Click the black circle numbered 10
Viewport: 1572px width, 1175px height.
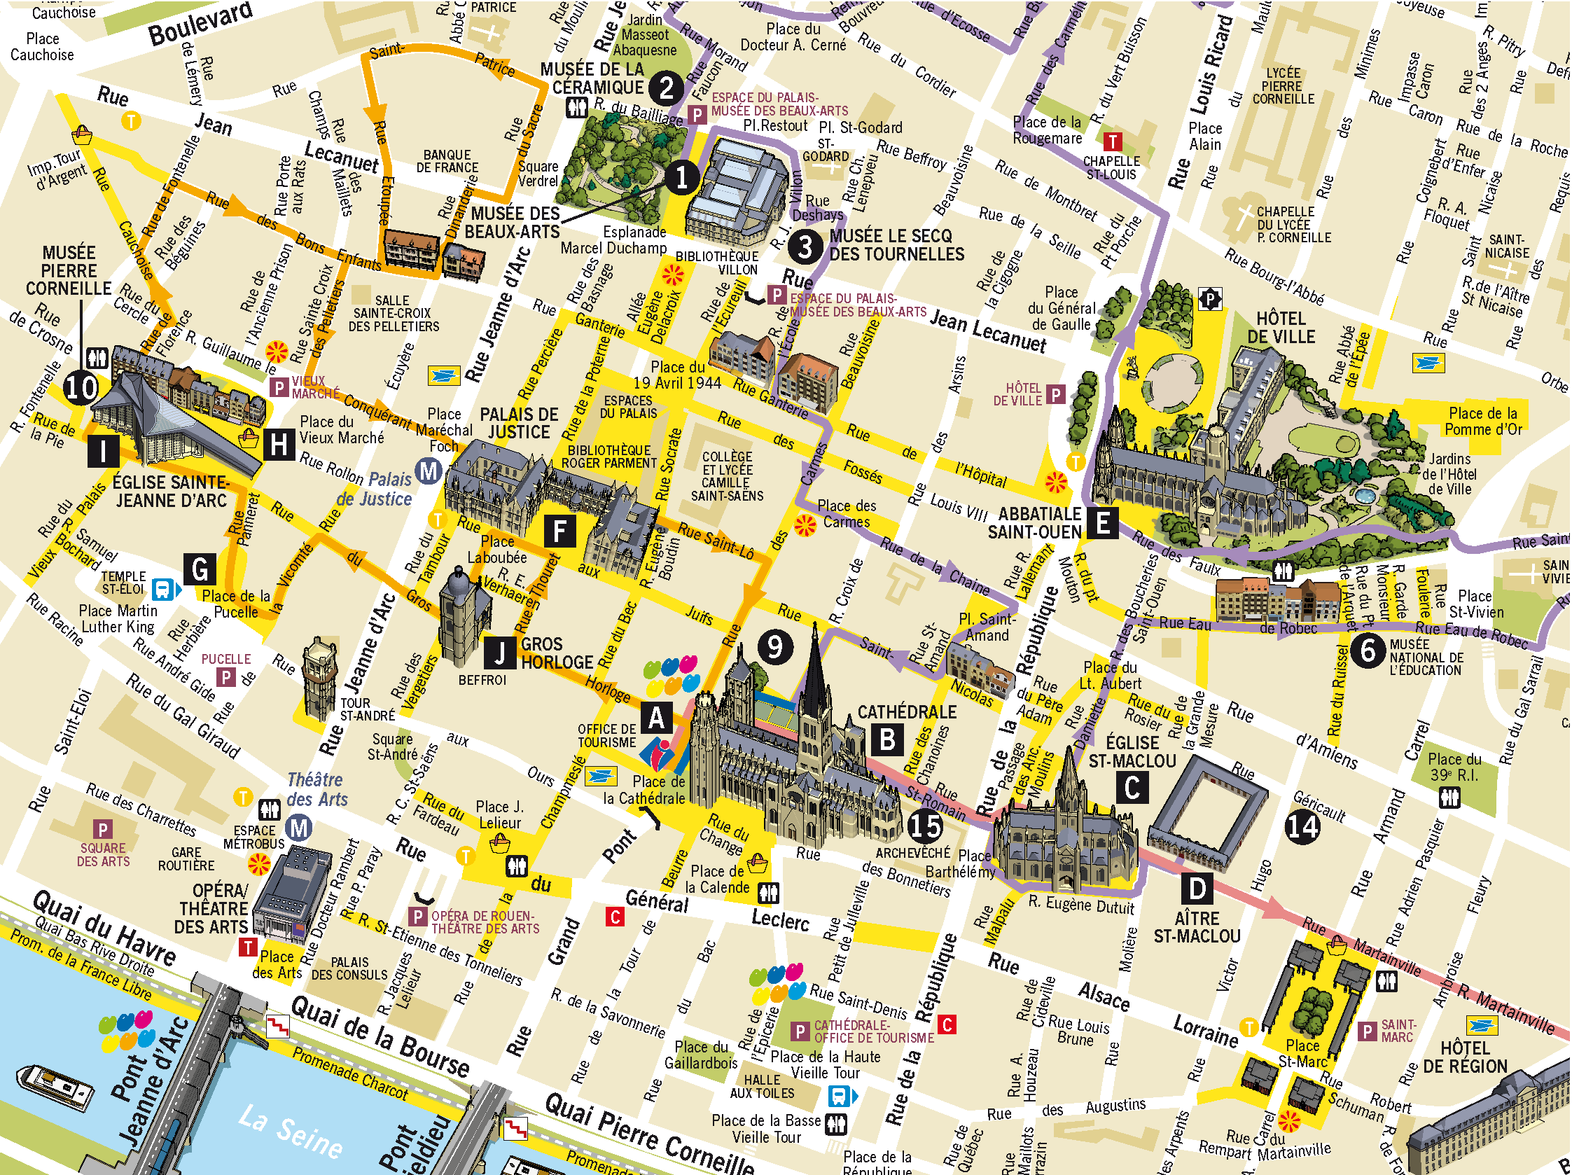81,387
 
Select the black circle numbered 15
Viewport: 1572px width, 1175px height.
925,826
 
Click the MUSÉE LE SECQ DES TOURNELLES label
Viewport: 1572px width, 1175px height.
897,245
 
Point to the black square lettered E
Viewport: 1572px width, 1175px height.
1102,522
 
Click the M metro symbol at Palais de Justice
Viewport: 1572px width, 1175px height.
429,471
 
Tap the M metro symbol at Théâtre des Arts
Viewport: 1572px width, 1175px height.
299,828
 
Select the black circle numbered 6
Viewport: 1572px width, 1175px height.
1368,651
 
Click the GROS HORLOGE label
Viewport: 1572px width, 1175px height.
557,653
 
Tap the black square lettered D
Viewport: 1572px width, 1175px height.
1197,889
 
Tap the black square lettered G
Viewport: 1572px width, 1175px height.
200,569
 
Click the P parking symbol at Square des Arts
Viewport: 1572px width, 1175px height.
102,830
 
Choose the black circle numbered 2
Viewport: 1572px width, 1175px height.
666,88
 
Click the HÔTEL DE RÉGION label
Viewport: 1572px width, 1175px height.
1465,1057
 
